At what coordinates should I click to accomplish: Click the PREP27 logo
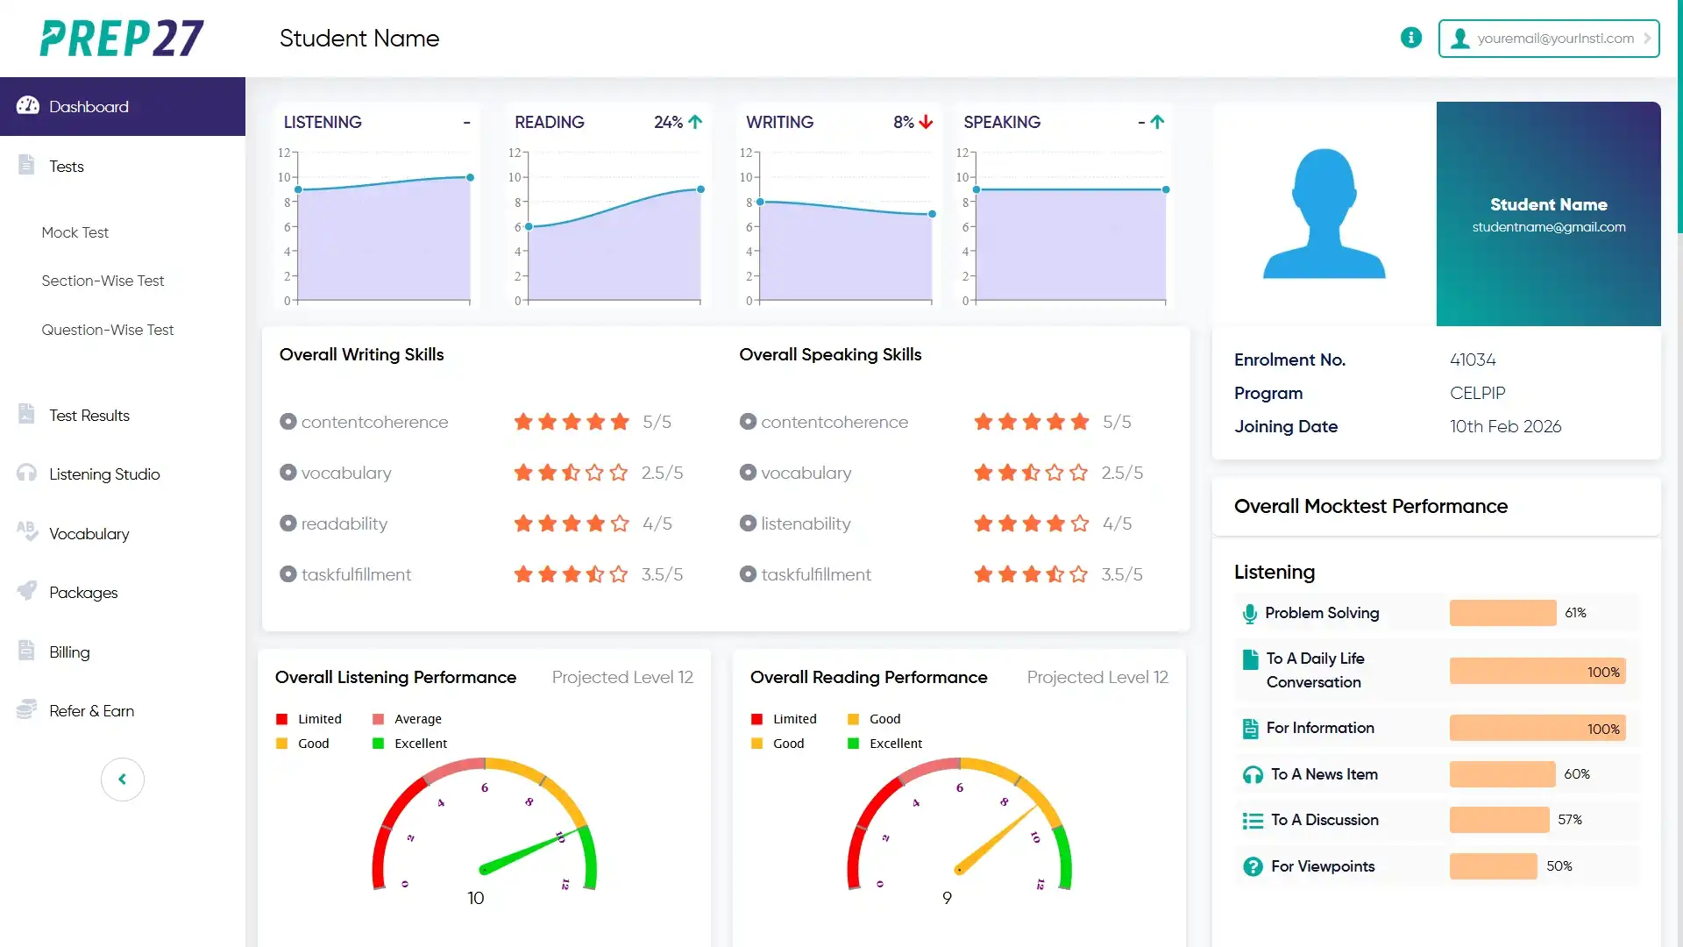point(122,39)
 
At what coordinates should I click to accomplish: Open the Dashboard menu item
point(89,107)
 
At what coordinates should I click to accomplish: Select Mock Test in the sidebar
point(75,232)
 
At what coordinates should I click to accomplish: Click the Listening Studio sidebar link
point(104,474)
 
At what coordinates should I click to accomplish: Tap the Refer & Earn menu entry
point(91,711)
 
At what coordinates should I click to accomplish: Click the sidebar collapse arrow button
point(123,780)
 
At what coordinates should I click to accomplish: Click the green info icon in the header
point(1411,38)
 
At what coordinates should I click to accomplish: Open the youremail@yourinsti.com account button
point(1549,39)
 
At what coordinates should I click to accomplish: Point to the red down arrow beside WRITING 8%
point(927,122)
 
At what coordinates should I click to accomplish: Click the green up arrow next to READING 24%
point(695,122)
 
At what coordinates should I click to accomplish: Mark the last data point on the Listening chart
point(471,177)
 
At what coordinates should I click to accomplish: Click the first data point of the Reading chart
point(529,226)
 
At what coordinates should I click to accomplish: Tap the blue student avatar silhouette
point(1324,214)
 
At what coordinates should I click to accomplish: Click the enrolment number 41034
point(1473,360)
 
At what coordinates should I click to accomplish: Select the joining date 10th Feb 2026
point(1505,426)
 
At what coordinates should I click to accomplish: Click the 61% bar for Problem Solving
point(1502,613)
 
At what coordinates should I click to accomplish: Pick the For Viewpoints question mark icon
point(1253,867)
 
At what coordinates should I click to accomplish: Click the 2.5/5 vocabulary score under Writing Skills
point(662,473)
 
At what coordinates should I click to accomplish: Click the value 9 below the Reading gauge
point(947,898)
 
